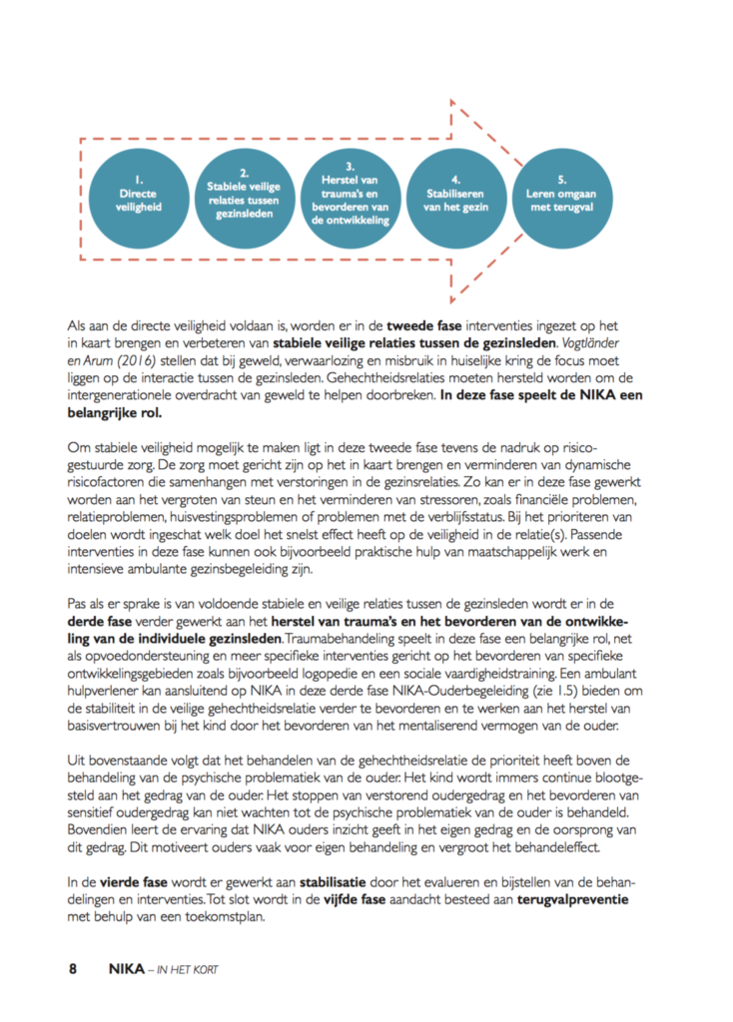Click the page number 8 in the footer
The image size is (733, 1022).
(73, 967)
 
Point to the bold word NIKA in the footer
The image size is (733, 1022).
(125, 967)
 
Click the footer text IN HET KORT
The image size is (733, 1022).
(192, 968)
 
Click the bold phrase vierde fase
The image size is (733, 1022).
(134, 882)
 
